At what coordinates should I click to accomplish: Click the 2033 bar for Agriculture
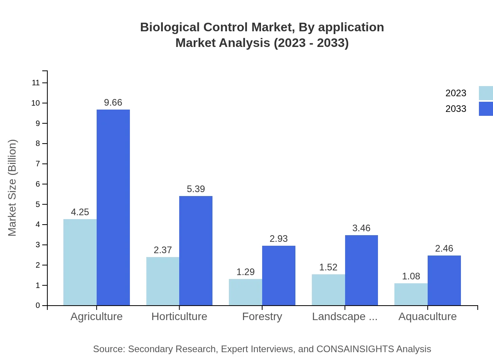point(113,207)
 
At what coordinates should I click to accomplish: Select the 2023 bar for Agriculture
point(80,262)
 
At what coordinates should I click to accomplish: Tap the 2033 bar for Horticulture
point(196,250)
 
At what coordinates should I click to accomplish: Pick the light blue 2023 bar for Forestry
point(245,292)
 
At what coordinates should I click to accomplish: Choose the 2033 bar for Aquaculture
point(444,280)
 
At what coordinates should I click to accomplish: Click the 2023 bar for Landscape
point(328,290)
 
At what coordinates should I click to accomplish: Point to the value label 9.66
point(113,103)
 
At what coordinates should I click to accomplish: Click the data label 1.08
point(411,276)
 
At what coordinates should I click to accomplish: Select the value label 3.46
point(361,228)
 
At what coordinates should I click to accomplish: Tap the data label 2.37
point(163,250)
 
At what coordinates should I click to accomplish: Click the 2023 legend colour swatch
point(486,93)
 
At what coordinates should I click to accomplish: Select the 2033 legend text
point(456,109)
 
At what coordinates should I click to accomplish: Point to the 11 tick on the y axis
point(36,83)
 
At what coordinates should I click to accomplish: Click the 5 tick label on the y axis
point(38,204)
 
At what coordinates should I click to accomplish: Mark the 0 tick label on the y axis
point(38,306)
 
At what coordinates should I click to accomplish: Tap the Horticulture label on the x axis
point(179,316)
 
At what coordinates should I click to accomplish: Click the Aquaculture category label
point(427,316)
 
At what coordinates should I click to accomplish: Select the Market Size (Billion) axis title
point(13,188)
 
